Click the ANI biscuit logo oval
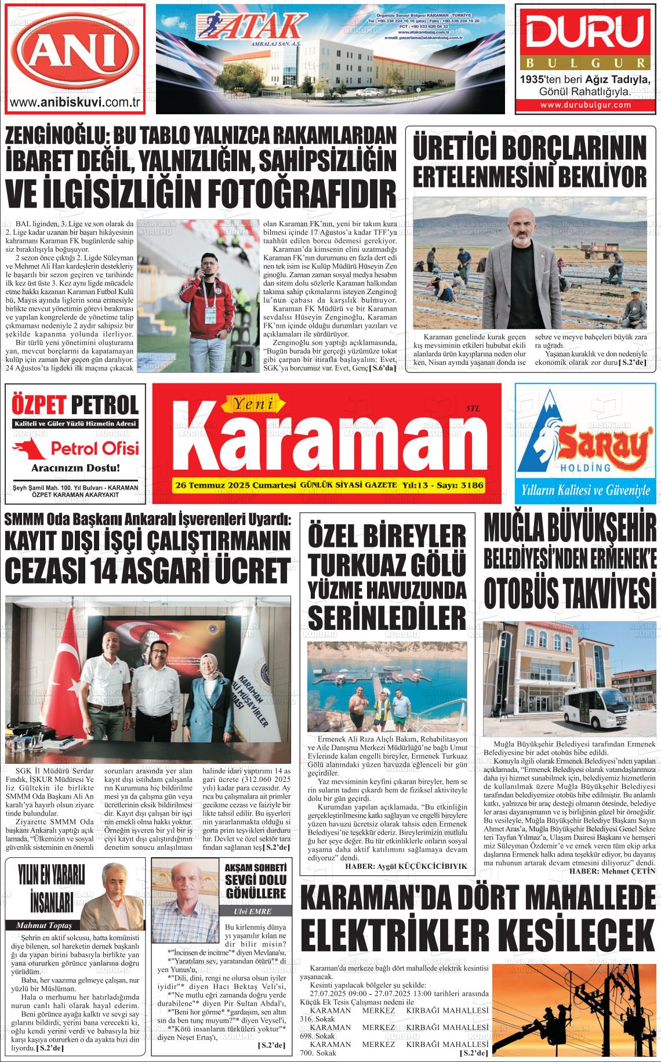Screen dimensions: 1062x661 [74, 49]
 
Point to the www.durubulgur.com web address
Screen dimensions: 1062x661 [586, 105]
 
